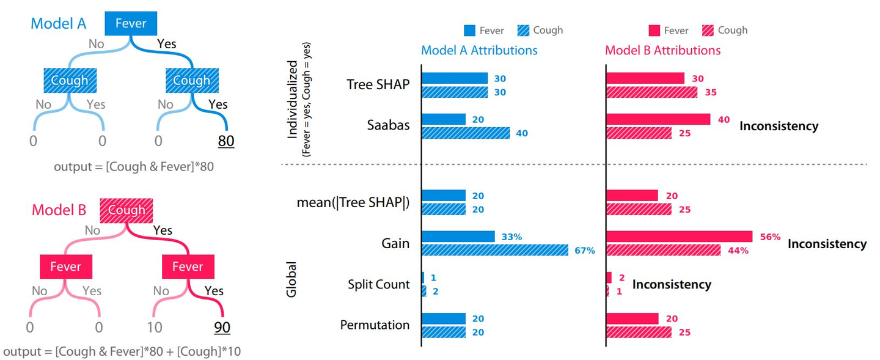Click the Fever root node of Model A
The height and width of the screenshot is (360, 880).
click(x=131, y=24)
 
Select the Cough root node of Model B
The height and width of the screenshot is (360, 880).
click(x=126, y=210)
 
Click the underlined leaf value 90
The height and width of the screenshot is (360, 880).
click(x=222, y=327)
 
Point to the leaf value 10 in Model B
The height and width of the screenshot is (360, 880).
click(x=155, y=327)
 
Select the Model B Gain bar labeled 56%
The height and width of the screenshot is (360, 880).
click(x=679, y=237)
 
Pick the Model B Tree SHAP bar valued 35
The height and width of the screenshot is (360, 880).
click(x=651, y=92)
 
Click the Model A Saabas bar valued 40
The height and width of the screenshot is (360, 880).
click(x=466, y=133)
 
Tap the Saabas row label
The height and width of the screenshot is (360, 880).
click(x=388, y=125)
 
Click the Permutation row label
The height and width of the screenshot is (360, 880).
click(x=375, y=325)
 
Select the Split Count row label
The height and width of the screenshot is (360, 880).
click(x=378, y=284)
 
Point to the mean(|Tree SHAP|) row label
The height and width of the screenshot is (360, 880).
click(x=353, y=203)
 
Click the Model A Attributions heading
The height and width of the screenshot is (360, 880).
click(x=479, y=50)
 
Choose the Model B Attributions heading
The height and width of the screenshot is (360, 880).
click(x=662, y=50)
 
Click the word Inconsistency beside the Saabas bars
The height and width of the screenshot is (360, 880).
click(x=779, y=126)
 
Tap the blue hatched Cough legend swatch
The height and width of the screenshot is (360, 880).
click(x=523, y=31)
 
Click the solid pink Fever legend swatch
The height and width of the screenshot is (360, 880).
click(x=654, y=31)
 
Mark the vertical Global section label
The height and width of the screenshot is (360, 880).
click(x=291, y=279)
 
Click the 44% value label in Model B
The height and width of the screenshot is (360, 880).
click(x=738, y=250)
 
